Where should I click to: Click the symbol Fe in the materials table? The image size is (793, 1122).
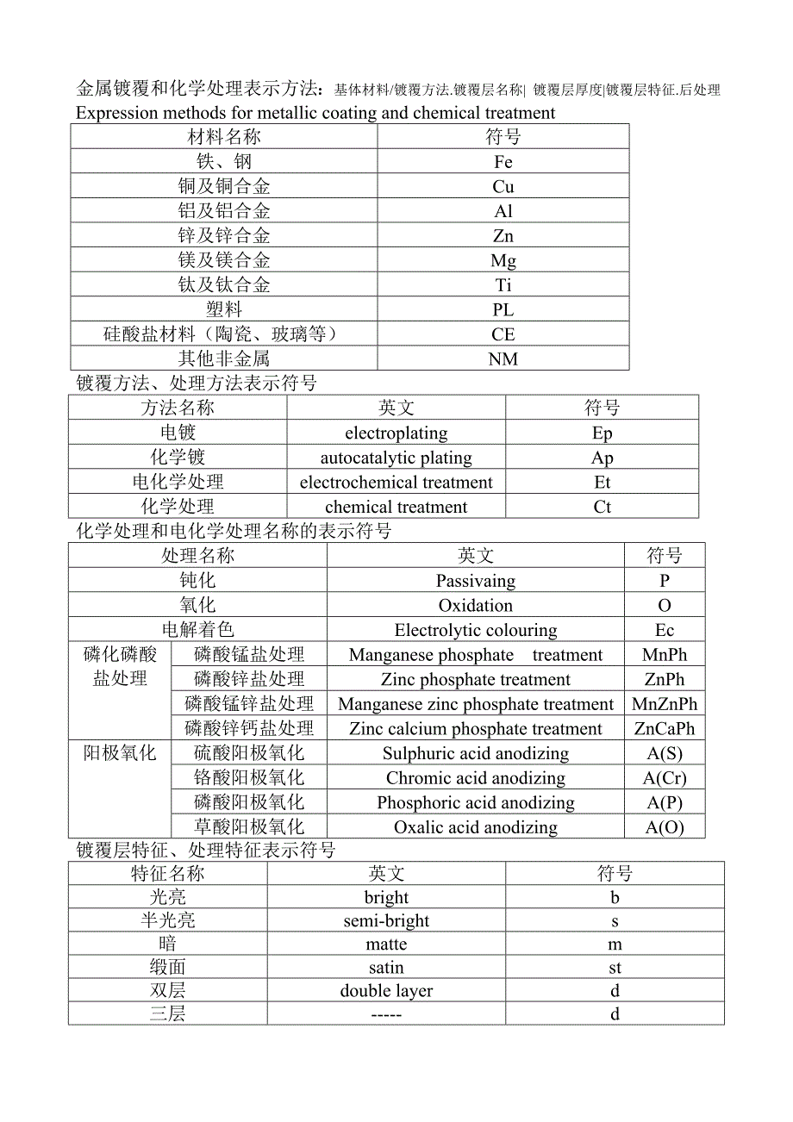(503, 162)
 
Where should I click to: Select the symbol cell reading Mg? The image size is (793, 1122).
(503, 261)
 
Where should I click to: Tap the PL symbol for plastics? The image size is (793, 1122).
(503, 310)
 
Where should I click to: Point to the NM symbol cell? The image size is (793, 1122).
(503, 359)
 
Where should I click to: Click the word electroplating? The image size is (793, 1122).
(396, 433)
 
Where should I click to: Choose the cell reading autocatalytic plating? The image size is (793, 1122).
(396, 458)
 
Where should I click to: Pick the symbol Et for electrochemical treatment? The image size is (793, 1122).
(602, 483)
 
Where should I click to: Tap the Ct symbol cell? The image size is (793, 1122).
(602, 507)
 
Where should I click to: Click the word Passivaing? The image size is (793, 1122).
(475, 581)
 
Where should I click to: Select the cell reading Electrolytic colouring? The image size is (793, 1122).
(475, 631)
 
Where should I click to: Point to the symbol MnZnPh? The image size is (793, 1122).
(665, 704)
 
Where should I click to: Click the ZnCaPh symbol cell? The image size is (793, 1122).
(665, 729)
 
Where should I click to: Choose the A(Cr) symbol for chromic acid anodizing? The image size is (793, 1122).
(665, 778)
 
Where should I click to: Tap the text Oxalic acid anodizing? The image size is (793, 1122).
(475, 827)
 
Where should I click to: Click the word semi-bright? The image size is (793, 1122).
(386, 920)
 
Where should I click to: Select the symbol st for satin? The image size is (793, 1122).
(615, 968)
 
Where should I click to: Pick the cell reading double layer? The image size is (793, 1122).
(386, 991)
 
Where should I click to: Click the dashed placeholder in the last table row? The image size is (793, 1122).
(386, 1014)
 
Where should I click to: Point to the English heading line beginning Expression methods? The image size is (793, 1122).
(315, 113)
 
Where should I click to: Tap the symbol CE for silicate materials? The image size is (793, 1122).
(503, 334)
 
